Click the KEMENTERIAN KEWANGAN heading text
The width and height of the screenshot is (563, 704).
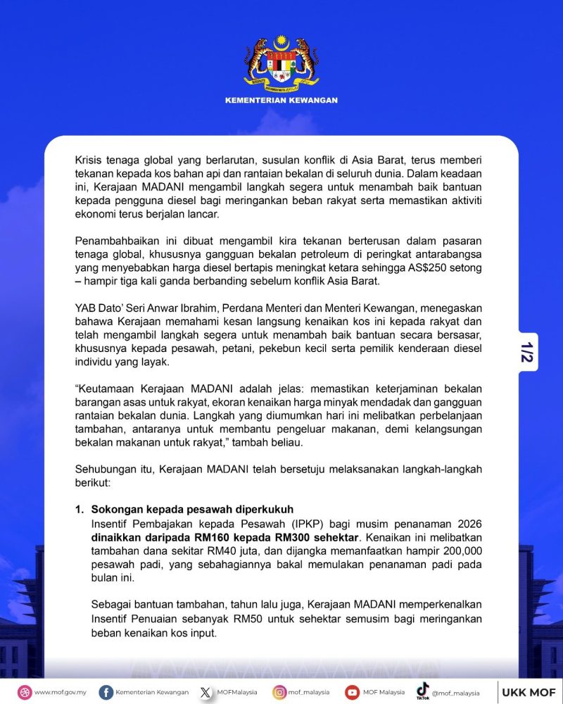tap(281, 100)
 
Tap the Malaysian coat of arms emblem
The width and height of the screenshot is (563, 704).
tap(281, 62)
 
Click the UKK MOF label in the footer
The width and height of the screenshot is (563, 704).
tap(529, 692)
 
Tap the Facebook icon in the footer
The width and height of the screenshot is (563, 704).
tap(106, 692)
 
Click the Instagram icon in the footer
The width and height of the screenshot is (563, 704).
tap(279, 692)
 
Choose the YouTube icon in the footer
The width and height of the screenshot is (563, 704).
tap(352, 692)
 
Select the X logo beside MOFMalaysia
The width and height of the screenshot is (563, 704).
tap(205, 692)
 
